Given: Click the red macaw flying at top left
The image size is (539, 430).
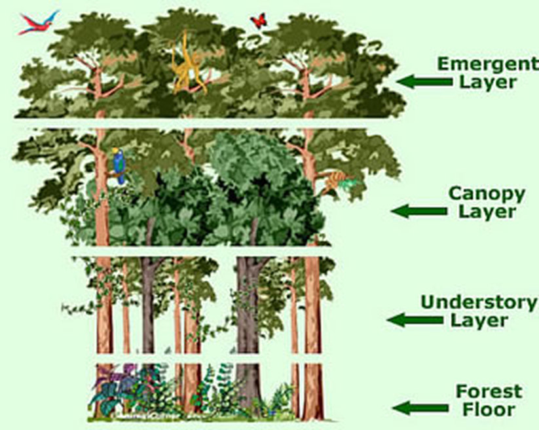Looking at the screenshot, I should coord(38,23).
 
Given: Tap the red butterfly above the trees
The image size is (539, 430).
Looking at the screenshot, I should coord(259,20).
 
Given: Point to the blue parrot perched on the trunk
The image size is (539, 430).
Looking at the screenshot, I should coord(119,165).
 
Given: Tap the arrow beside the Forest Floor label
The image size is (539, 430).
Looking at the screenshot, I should coord(417,407).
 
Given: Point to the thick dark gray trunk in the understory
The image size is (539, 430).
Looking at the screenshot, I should coord(248,315).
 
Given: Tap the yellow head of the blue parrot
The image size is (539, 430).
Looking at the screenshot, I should coord(117,152).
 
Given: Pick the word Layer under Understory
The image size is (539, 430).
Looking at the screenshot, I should coord(477,321).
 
